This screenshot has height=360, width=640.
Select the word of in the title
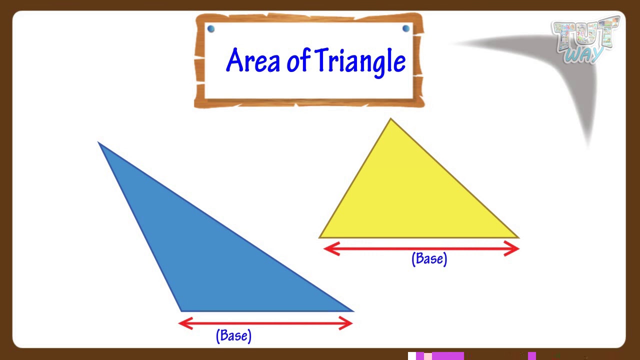[298, 61]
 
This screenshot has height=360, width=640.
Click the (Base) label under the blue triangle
[233, 335]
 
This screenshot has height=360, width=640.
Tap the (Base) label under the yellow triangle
[429, 259]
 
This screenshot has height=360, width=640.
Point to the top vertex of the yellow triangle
[390, 119]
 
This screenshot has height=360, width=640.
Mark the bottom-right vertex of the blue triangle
[353, 311]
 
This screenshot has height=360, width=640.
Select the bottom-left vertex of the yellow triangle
[319, 237]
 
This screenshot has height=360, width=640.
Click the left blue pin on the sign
[210, 29]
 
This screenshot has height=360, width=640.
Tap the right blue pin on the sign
[405, 28]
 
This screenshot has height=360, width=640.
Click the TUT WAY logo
[585, 40]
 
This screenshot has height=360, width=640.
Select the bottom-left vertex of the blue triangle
[181, 311]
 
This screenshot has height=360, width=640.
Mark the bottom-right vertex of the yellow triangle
[518, 237]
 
